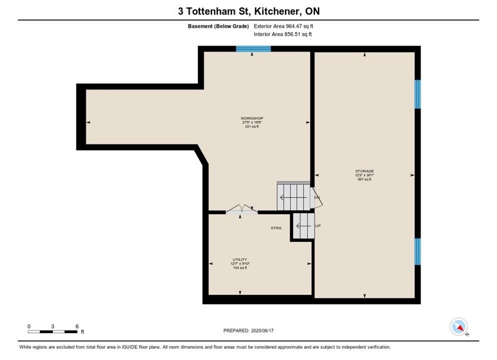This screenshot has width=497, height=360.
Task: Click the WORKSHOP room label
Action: point(251,118)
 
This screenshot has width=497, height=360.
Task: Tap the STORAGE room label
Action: point(364,171)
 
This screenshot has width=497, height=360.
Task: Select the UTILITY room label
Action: point(239,259)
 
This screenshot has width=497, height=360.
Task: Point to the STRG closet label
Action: point(276,228)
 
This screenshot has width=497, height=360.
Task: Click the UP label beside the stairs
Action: point(318,225)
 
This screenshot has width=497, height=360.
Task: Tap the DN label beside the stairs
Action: point(316,197)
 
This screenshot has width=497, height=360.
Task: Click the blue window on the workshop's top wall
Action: point(253,49)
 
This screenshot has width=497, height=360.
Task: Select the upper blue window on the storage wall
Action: point(418,94)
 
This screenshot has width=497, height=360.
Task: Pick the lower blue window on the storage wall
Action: point(418,251)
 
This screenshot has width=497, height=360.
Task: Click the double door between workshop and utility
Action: point(241,209)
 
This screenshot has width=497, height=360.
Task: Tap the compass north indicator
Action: point(458,326)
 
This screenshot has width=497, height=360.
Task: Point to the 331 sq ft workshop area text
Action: point(251,126)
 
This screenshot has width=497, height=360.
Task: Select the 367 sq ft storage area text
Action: point(364,179)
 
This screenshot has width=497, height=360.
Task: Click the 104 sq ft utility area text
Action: point(240,268)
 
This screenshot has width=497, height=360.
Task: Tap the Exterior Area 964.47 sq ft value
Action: point(283,26)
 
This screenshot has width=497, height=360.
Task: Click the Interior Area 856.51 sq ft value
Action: point(282,34)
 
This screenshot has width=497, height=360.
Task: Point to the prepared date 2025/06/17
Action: point(262,330)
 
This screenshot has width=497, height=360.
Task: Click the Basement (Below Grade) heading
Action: point(218,26)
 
